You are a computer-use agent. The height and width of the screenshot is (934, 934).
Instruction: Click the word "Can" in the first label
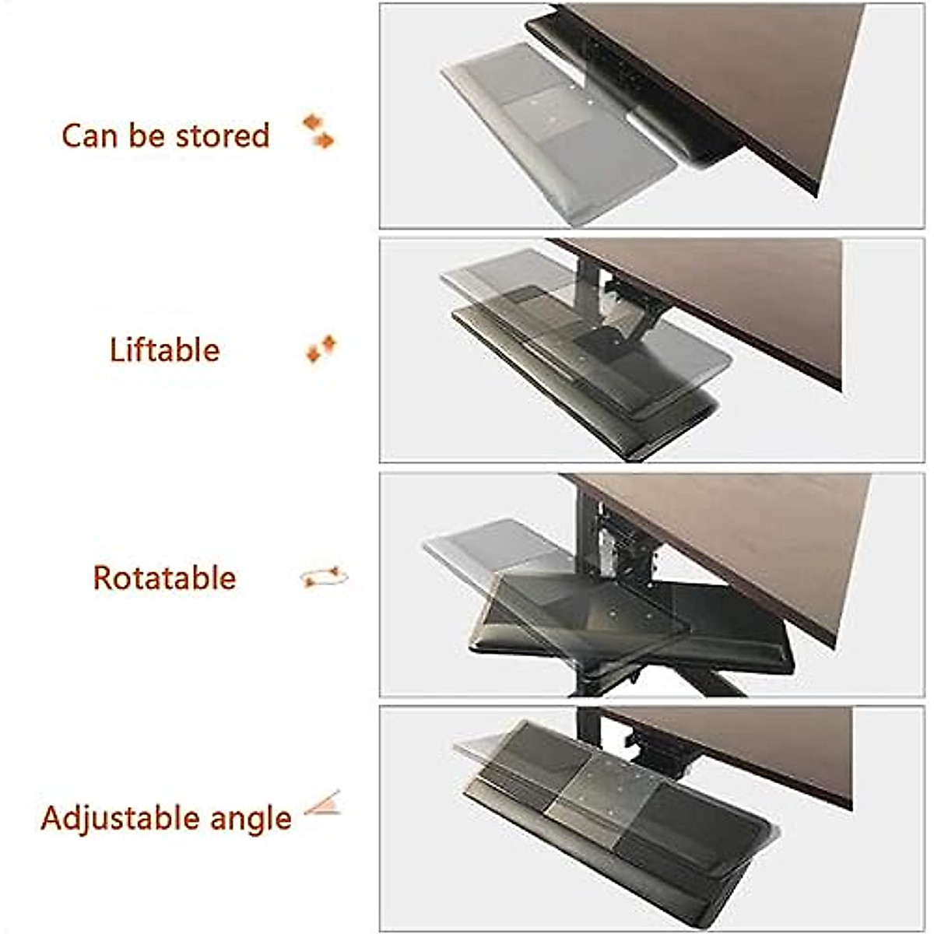click(x=90, y=135)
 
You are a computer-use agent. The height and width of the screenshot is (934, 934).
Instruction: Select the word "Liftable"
click(x=164, y=350)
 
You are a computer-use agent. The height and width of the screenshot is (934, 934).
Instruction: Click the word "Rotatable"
click(x=164, y=578)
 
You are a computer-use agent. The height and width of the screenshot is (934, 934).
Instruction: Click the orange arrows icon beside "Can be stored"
click(x=318, y=131)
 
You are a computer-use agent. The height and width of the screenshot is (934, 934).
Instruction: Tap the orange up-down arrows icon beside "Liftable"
click(x=321, y=349)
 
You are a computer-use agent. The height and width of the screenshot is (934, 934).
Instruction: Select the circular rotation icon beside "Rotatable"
click(x=324, y=578)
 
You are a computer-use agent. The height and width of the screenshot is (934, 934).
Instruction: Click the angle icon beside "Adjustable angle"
click(x=323, y=803)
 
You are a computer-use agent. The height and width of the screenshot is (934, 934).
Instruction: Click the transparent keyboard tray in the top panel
click(x=545, y=125)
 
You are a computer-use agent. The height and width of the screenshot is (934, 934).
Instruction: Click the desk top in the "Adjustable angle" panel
click(x=763, y=747)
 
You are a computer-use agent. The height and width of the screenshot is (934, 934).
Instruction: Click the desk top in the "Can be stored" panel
click(x=739, y=70)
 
